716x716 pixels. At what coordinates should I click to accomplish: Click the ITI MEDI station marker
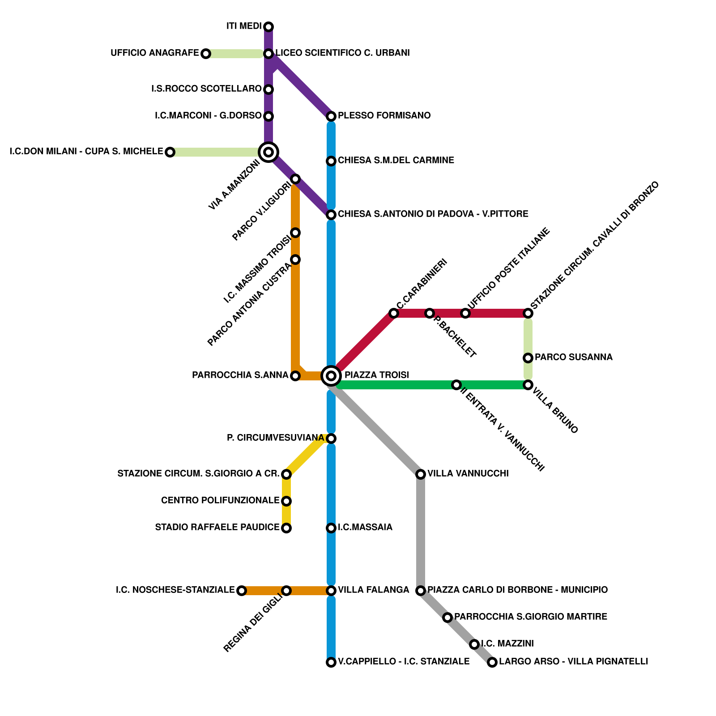coord(268,27)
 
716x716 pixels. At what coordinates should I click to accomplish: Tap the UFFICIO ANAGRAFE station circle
coord(205,54)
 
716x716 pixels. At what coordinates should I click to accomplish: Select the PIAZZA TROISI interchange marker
coord(331,375)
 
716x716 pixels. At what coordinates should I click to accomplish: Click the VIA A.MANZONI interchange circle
coord(268,152)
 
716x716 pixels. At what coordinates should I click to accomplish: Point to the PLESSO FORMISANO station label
coord(384,116)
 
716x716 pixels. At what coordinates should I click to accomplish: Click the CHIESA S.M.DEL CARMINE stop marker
coord(331,161)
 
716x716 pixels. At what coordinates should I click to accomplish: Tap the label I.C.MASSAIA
coord(365,528)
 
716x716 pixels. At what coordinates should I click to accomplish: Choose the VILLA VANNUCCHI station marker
coord(421,474)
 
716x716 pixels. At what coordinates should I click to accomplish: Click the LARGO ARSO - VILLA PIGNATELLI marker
coord(492,662)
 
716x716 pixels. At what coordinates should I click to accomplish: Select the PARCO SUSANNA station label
coord(573,358)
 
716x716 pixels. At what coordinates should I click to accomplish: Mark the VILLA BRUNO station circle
coord(528,385)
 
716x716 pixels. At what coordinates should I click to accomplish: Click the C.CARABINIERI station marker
coord(394,313)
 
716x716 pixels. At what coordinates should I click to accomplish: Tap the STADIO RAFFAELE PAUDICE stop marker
coord(286,528)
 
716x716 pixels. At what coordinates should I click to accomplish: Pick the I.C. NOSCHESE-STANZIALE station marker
coord(242,591)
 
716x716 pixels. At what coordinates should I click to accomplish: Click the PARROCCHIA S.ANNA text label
coord(240,375)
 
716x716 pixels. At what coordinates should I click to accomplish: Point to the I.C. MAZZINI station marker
coord(474,644)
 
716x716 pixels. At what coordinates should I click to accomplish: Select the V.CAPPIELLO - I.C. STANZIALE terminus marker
coord(331,662)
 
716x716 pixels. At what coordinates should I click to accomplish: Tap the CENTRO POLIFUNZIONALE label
coord(220,500)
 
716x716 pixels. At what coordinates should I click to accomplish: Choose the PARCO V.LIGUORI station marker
coord(295,179)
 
